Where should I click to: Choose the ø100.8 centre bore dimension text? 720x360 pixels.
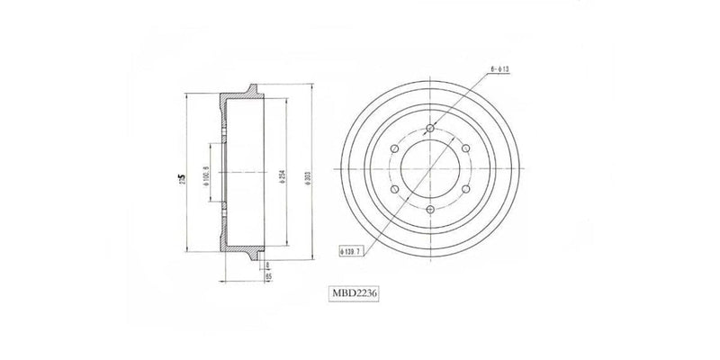208,174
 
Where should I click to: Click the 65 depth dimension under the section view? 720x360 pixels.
269,276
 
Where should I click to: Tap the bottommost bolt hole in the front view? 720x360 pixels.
430,211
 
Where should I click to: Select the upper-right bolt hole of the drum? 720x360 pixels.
466,148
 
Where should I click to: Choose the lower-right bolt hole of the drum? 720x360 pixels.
466,190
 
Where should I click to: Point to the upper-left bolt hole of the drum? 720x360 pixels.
394,148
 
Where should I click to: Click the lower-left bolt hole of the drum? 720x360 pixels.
394,190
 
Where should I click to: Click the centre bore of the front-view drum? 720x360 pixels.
430,169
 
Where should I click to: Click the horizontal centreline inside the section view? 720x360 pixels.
247,170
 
